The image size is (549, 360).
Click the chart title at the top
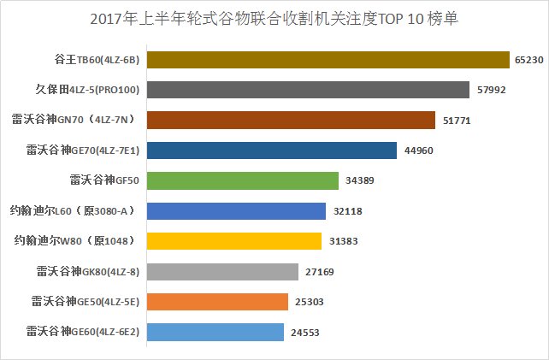pyautogui.click(x=274, y=18)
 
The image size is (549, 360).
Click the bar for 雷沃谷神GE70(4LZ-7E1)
pyautogui.click(x=272, y=150)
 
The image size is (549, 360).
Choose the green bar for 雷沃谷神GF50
pyautogui.click(x=243, y=180)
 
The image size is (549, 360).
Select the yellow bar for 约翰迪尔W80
pyautogui.click(x=234, y=241)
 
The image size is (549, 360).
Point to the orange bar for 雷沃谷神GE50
pyautogui.click(x=217, y=302)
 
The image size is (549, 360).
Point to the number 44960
pyautogui.click(x=418, y=150)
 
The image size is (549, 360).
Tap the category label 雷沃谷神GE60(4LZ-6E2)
pyautogui.click(x=84, y=333)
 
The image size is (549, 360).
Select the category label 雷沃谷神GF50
pyautogui.click(x=104, y=180)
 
